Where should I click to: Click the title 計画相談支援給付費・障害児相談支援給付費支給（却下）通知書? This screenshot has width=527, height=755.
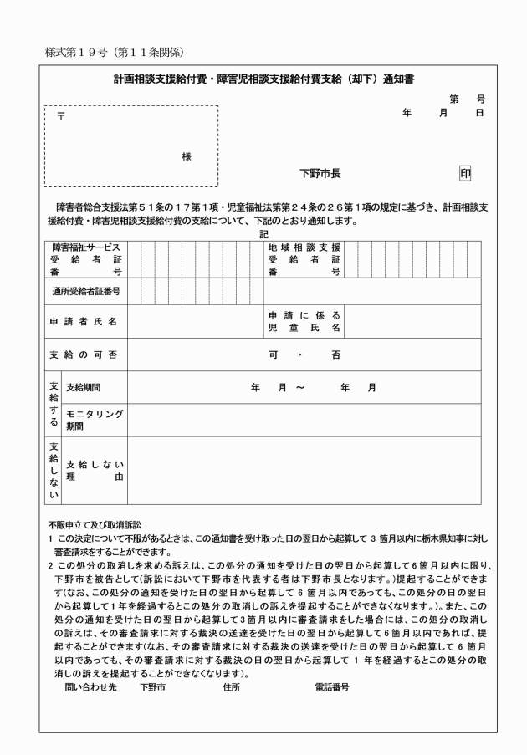(265, 80)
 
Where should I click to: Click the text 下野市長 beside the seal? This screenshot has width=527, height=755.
(320, 174)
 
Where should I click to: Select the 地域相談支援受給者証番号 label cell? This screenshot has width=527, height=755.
(304, 259)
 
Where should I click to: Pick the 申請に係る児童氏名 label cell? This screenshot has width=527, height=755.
(304, 321)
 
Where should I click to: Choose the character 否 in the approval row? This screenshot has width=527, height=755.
(335, 355)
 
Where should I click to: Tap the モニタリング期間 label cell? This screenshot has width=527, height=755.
(94, 420)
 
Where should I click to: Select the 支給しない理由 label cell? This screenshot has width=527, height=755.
(94, 470)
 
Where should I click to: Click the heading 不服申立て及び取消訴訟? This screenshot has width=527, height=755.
(96, 524)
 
